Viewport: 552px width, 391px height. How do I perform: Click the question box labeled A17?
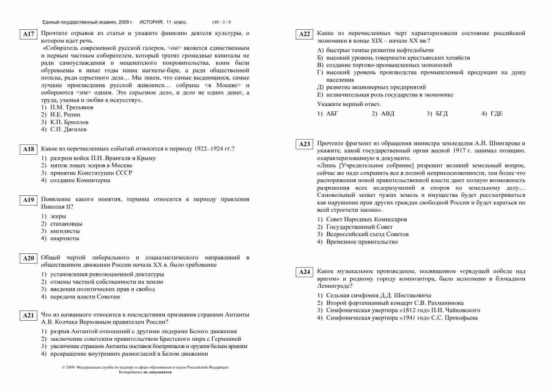[28, 34]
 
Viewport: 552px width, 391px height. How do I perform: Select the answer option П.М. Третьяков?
[71, 107]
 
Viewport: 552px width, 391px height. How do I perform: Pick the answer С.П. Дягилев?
[68, 129]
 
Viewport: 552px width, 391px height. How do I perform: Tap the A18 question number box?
[28, 149]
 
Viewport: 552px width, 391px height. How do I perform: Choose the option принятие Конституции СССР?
[91, 173]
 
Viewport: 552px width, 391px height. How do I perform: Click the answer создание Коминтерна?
[80, 180]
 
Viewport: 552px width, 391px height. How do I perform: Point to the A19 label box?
[28, 200]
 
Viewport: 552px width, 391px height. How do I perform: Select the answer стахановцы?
[66, 224]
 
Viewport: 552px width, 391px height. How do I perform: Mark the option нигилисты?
[65, 231]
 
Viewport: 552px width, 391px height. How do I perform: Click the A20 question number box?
[28, 258]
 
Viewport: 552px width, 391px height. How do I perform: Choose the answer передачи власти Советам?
[85, 297]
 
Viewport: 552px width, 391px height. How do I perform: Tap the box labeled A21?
[28, 316]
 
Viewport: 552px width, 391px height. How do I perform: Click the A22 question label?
[304, 34]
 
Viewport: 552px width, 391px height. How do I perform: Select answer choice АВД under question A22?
[387, 114]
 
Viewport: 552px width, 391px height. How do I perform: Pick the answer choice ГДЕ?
[496, 114]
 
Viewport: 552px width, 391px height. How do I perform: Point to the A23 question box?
[304, 144]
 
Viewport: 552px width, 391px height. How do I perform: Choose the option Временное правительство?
[362, 242]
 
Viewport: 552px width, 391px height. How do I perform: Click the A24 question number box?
[304, 272]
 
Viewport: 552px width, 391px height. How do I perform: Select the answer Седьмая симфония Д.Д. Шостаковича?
[379, 295]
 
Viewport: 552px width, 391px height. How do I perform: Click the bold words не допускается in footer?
[158, 372]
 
